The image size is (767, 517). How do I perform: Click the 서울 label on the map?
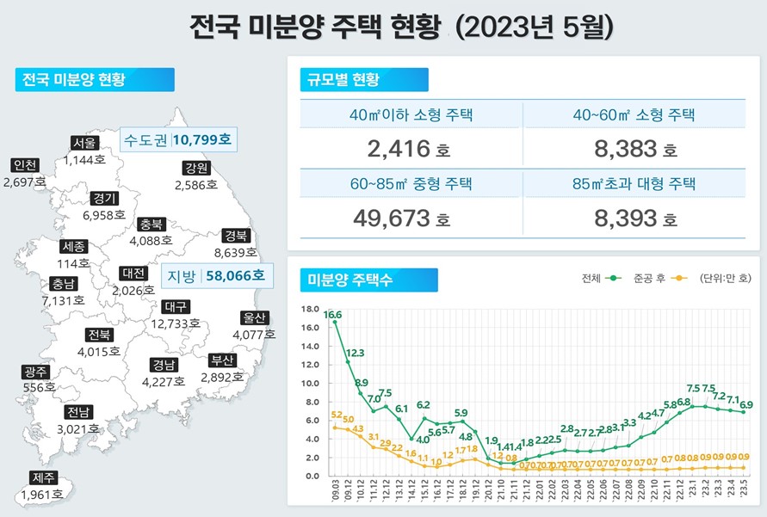coord(85,143)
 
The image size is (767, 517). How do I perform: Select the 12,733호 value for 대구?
coord(176,323)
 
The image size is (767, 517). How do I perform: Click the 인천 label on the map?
coord(24,166)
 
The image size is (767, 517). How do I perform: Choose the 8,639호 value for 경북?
coord(235,253)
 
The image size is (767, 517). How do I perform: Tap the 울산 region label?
coord(254,317)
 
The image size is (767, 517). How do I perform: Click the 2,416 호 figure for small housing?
coord(408,150)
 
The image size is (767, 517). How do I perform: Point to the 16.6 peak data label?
coord(333,315)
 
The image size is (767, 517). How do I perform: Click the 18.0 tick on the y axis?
coord(311,308)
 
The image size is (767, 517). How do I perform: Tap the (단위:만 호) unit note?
coord(727,279)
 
